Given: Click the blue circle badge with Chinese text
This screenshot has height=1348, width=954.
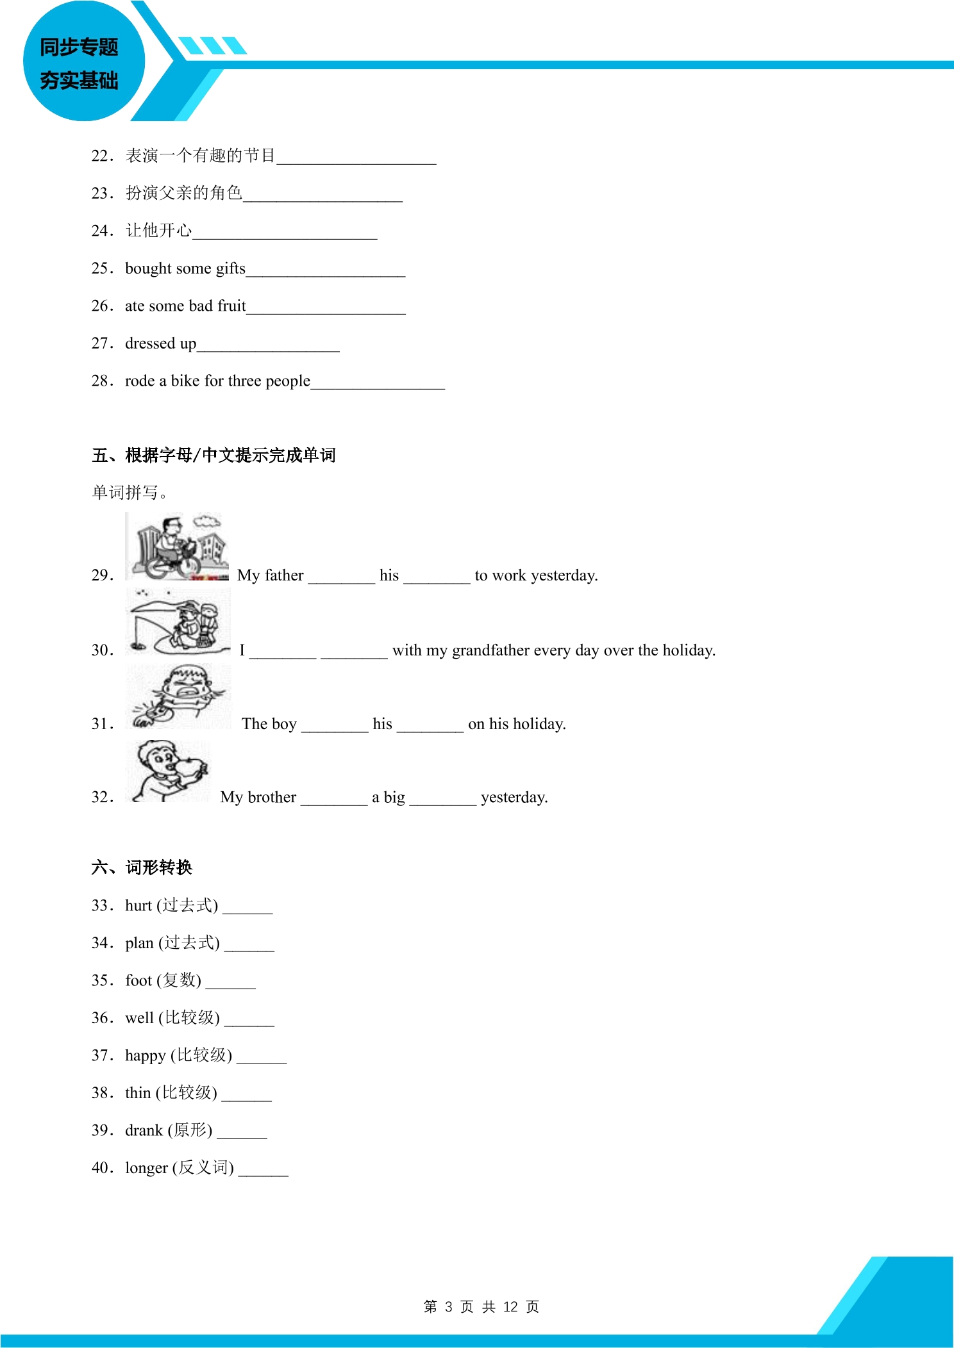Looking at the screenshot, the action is [x=84, y=62].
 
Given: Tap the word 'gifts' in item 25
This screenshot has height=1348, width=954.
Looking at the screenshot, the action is [x=230, y=268].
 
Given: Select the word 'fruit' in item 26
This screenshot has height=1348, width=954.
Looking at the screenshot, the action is [x=231, y=306].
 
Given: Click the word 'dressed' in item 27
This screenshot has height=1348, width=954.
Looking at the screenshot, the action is [x=150, y=343].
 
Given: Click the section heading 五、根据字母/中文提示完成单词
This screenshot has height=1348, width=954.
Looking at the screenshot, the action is [x=213, y=456].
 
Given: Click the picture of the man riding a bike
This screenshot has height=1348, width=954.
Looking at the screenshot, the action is [x=177, y=546].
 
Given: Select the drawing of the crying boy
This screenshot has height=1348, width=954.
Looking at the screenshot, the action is [x=178, y=696].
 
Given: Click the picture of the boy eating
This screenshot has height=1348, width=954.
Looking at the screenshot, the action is [x=168, y=771].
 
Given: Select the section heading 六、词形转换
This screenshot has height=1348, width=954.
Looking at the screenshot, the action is [x=142, y=867].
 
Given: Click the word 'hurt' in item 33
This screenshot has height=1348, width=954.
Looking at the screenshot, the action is [x=138, y=905].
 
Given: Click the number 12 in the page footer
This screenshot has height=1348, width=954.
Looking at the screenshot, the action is [x=510, y=1307].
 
